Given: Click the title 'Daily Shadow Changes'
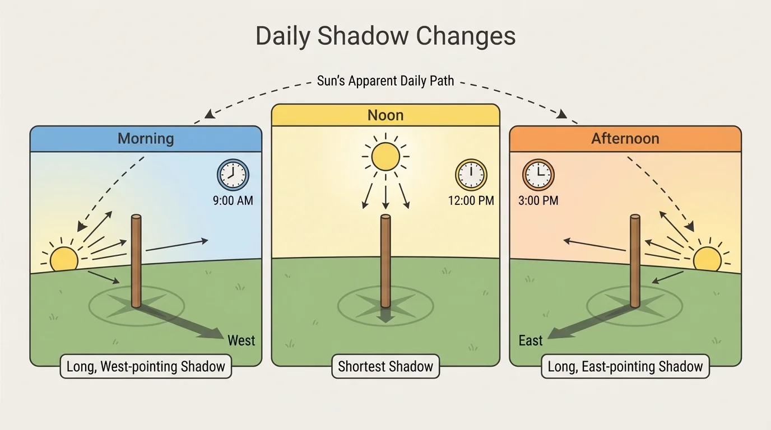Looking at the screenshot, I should click(x=386, y=36).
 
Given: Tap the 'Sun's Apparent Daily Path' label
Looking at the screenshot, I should click(x=386, y=81).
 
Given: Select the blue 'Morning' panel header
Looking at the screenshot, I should click(x=146, y=138).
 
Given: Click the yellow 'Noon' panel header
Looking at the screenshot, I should click(x=386, y=115).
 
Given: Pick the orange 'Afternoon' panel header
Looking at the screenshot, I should click(x=625, y=138).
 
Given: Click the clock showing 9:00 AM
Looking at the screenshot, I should click(x=233, y=175).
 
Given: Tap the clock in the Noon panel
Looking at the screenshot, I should click(x=471, y=175).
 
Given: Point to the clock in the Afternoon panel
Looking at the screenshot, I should click(x=538, y=175).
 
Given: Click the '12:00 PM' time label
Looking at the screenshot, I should click(x=471, y=200).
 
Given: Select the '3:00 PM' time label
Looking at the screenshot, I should click(x=538, y=200).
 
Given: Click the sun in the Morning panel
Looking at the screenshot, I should click(x=64, y=259).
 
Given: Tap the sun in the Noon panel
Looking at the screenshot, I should click(x=386, y=156).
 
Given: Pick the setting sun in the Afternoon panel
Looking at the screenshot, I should click(x=707, y=259).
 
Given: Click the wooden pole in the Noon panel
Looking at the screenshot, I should click(x=386, y=260).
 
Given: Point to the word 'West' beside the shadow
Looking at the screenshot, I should click(x=241, y=340).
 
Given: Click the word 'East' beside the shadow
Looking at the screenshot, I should click(x=530, y=340).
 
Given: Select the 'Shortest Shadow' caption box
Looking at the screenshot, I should click(x=386, y=367).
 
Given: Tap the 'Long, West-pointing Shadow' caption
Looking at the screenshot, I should click(x=146, y=367).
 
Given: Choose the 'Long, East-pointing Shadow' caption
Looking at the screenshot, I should click(x=625, y=367).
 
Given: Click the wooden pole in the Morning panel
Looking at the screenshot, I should click(x=136, y=260).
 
